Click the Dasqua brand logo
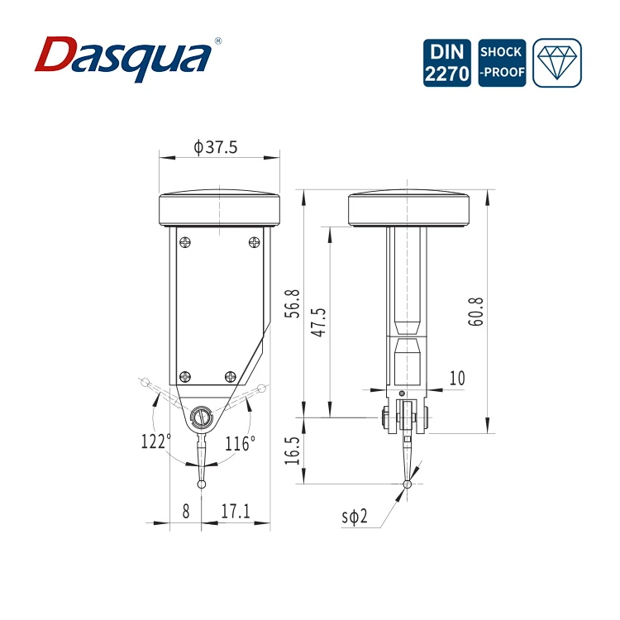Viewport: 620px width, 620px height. coord(123,59)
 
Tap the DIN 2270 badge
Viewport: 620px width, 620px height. coord(446,63)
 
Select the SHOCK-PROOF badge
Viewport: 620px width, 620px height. coord(502,63)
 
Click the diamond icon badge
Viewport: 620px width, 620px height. coord(557,63)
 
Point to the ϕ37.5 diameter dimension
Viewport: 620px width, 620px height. coord(216,147)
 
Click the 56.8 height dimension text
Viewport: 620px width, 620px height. coord(293,303)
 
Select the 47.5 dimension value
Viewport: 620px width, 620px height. coord(319,322)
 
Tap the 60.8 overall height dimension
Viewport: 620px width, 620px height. coord(475,312)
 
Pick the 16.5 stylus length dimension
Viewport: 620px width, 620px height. coord(293,451)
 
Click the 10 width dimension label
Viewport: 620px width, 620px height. coord(457,378)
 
